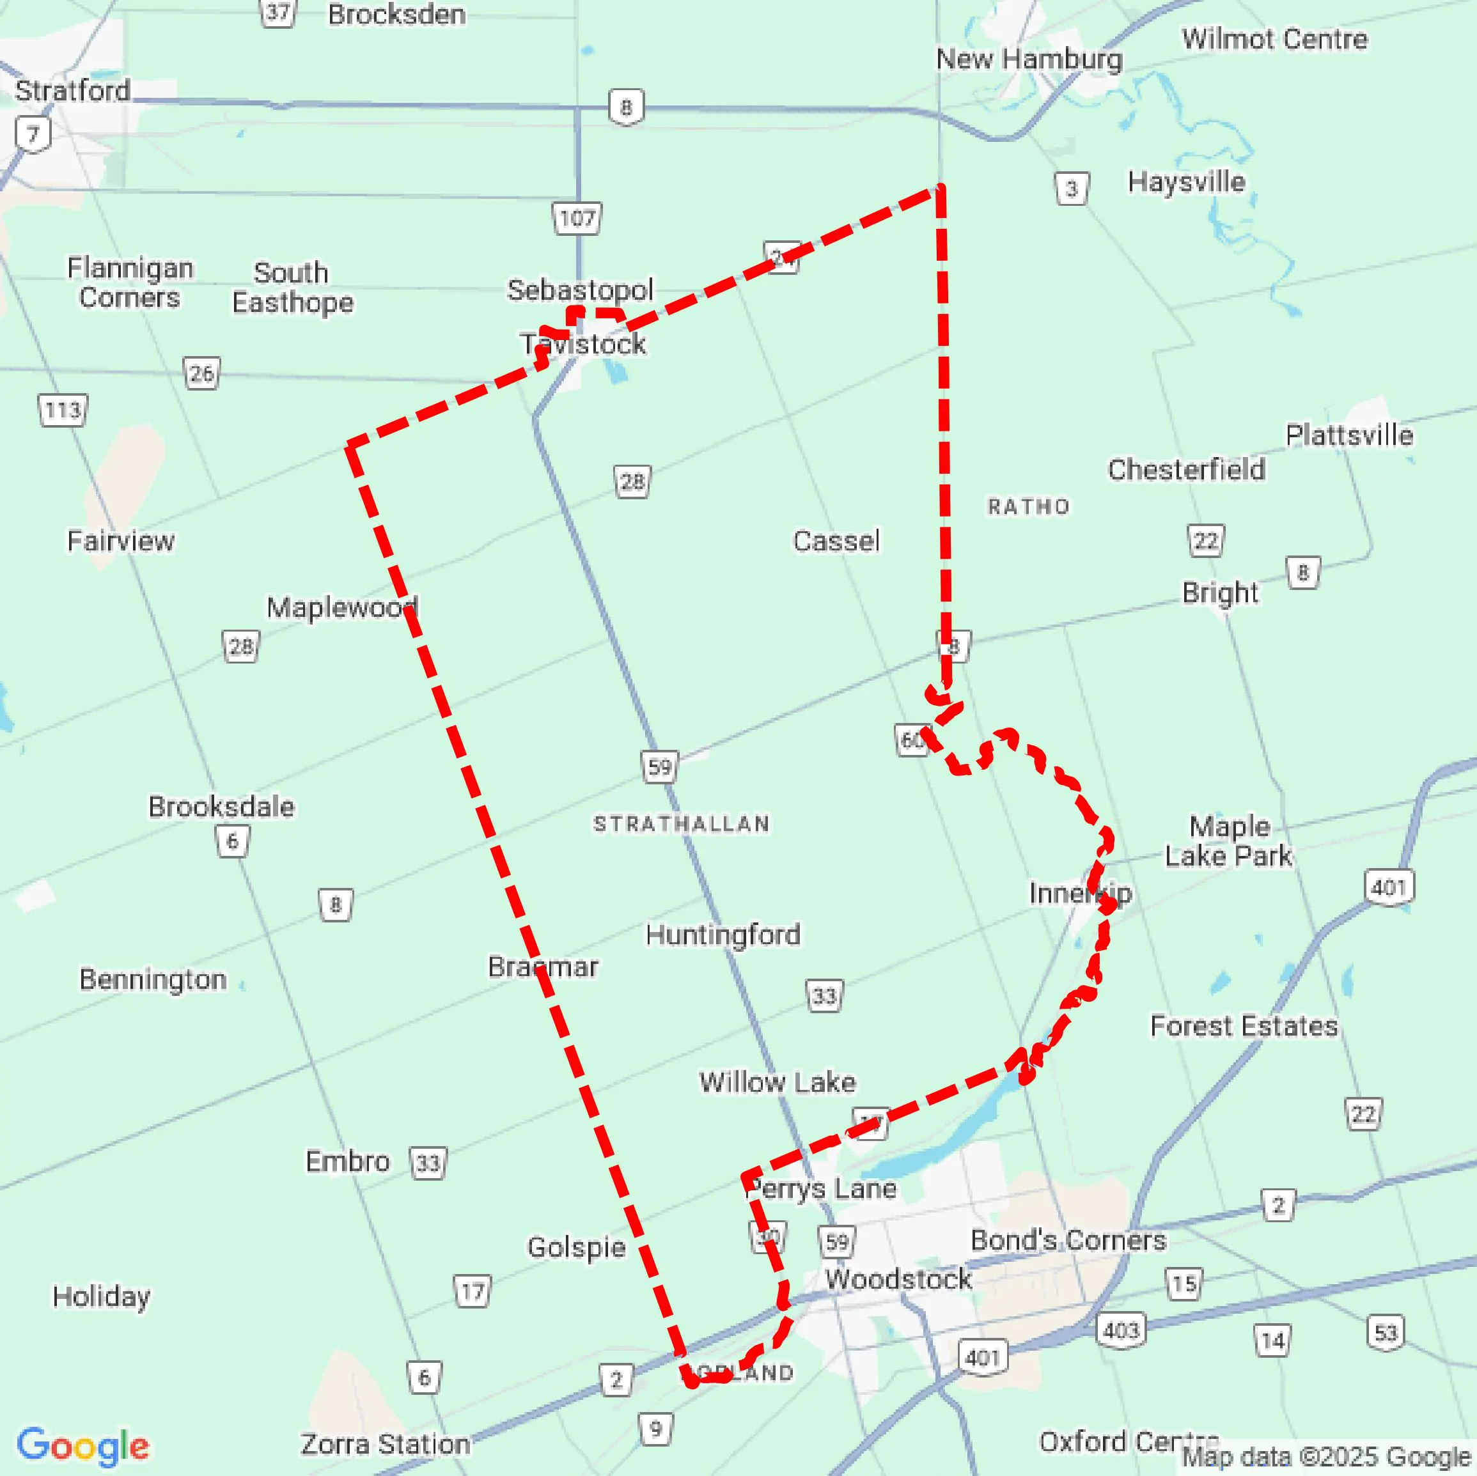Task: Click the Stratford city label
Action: pos(73,91)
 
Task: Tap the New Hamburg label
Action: pos(1029,59)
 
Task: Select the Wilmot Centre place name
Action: pos(1274,40)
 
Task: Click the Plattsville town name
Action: pos(1348,435)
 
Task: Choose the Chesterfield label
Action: pos(1185,469)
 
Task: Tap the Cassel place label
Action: pos(836,541)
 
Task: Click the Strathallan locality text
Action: pos(681,823)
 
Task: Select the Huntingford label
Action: pos(723,934)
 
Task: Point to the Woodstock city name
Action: pos(898,1278)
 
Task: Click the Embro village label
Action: pos(347,1161)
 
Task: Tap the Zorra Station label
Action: pos(386,1444)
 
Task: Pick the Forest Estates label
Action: pos(1244,1026)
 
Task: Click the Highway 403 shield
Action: pos(1121,1331)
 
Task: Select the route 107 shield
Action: pos(577,219)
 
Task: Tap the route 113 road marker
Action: pos(63,410)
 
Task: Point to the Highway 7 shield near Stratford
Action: pos(33,134)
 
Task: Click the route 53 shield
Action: pos(1386,1333)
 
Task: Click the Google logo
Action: pos(82,1445)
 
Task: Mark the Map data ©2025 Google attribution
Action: pos(1327,1457)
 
